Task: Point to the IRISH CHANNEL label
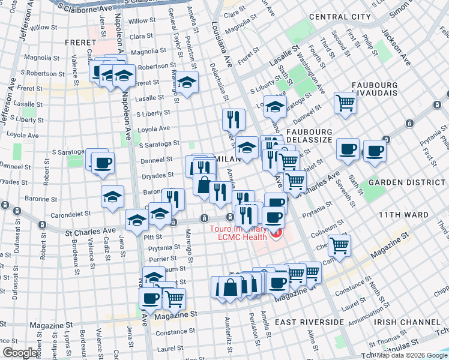(x=401, y=322)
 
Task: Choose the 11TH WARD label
(x=403, y=214)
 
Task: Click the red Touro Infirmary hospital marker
(x=277, y=232)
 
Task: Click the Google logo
(x=20, y=353)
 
